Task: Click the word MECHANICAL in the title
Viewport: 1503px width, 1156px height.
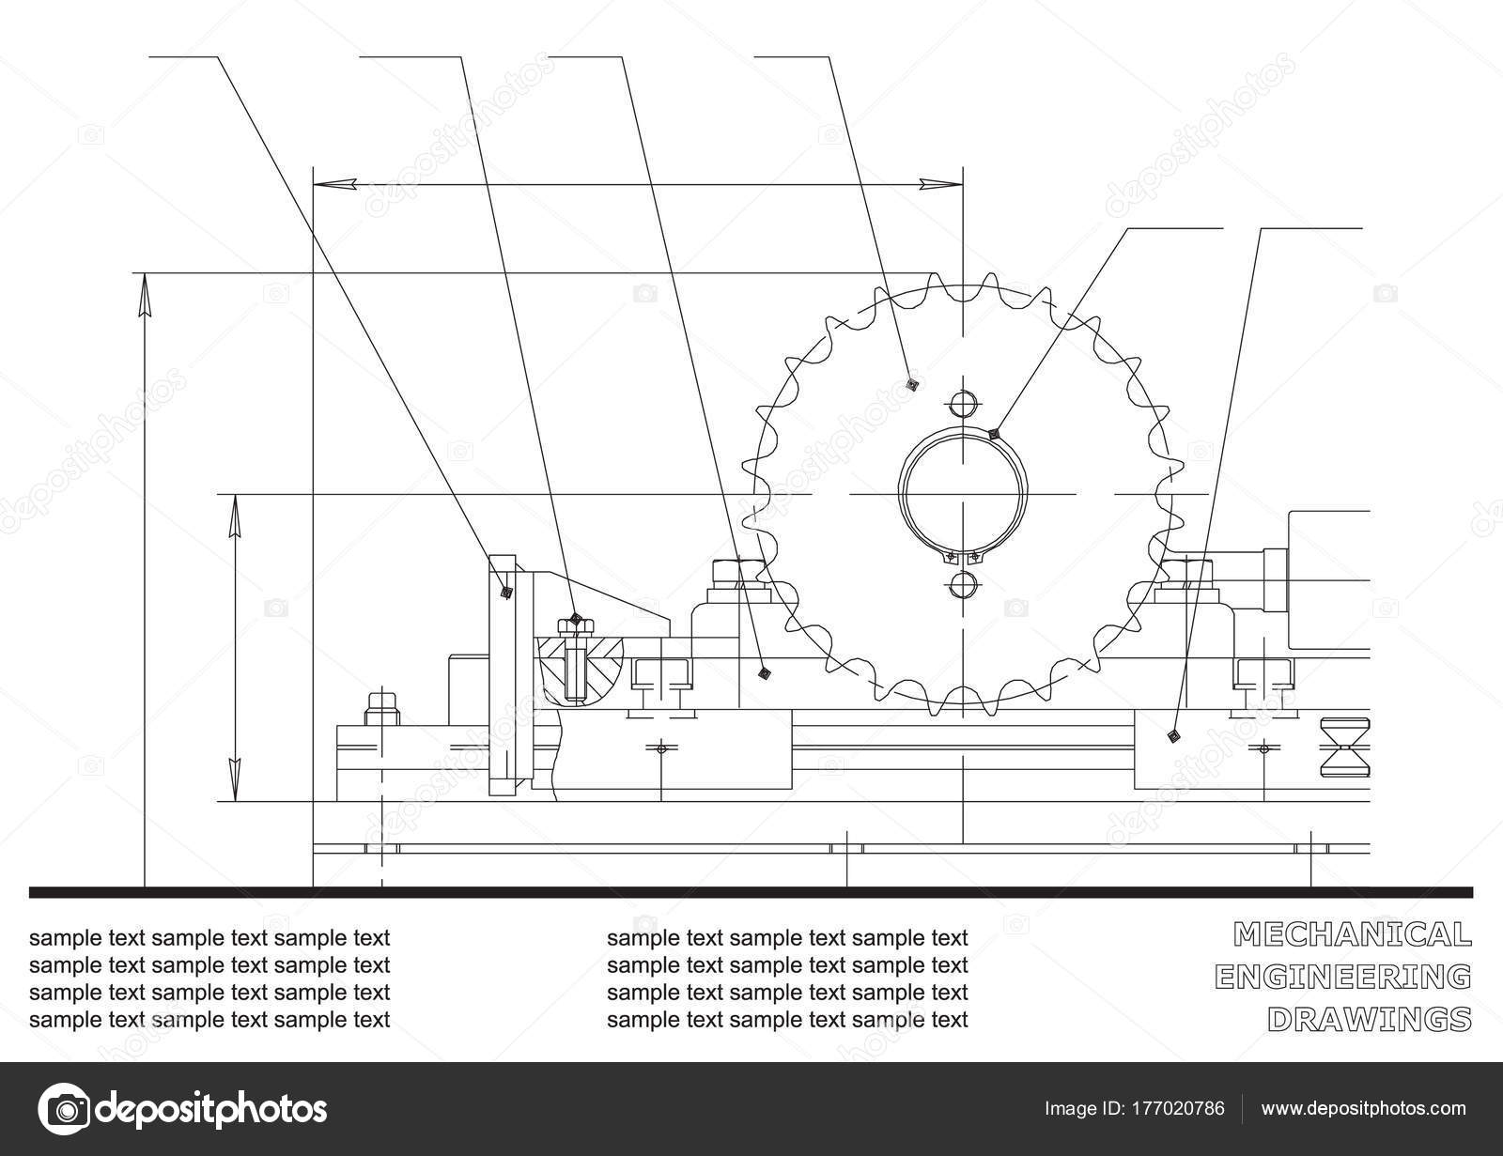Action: coord(1352,935)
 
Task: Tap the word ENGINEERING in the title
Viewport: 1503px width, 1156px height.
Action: coord(1342,978)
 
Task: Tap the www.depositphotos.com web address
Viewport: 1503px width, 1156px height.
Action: coord(1363,1109)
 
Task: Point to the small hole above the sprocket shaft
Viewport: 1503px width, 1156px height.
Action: coord(963,404)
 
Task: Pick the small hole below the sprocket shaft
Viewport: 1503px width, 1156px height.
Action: coord(963,585)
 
